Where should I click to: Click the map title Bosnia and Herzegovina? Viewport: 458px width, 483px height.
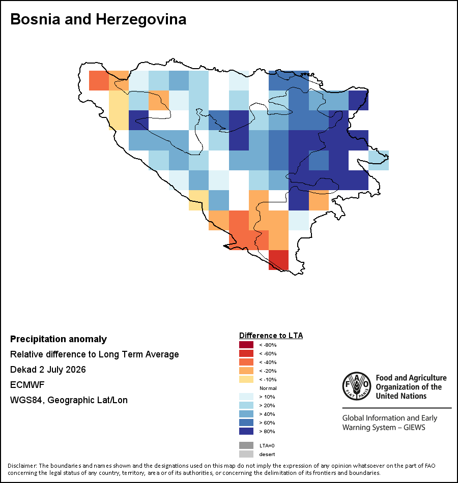pos(98,19)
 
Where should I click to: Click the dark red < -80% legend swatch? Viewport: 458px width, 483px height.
pos(246,345)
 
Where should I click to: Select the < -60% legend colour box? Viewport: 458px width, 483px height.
pos(246,353)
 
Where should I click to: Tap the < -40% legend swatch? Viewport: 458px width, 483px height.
pos(246,362)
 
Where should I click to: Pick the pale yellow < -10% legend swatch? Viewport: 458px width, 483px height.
pos(246,379)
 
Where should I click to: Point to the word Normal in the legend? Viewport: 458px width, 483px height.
pos(268,388)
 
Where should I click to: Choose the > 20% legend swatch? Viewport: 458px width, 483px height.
pos(246,405)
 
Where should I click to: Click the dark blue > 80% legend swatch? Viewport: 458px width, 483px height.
pos(246,431)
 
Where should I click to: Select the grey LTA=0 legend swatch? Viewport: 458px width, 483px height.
pos(246,445)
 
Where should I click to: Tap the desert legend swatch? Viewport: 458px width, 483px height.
pos(246,454)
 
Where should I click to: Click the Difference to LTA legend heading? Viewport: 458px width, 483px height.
pos(271,336)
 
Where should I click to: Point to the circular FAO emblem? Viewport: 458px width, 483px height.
pos(357,386)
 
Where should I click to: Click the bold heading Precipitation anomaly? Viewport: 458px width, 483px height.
pos(59,339)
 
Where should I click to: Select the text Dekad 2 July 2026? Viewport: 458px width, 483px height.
pos(48,369)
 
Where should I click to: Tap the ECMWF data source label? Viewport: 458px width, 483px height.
pos(27,385)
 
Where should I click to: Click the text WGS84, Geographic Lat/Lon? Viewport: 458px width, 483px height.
pos(69,400)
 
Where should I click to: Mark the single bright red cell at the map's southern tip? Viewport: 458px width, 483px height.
pos(278,260)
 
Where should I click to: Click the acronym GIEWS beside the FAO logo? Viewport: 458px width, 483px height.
pos(414,428)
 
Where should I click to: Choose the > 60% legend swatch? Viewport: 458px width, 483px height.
pos(246,422)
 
